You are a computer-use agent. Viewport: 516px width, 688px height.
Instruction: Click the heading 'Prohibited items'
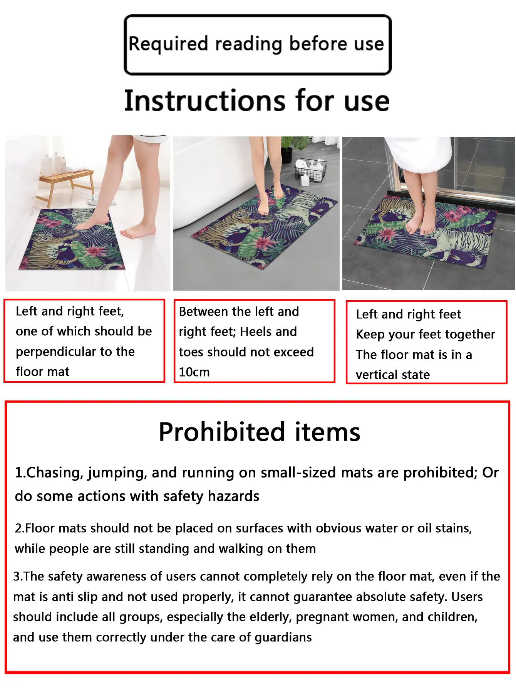(x=260, y=432)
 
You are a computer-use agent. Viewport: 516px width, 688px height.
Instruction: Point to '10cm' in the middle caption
(x=194, y=372)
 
